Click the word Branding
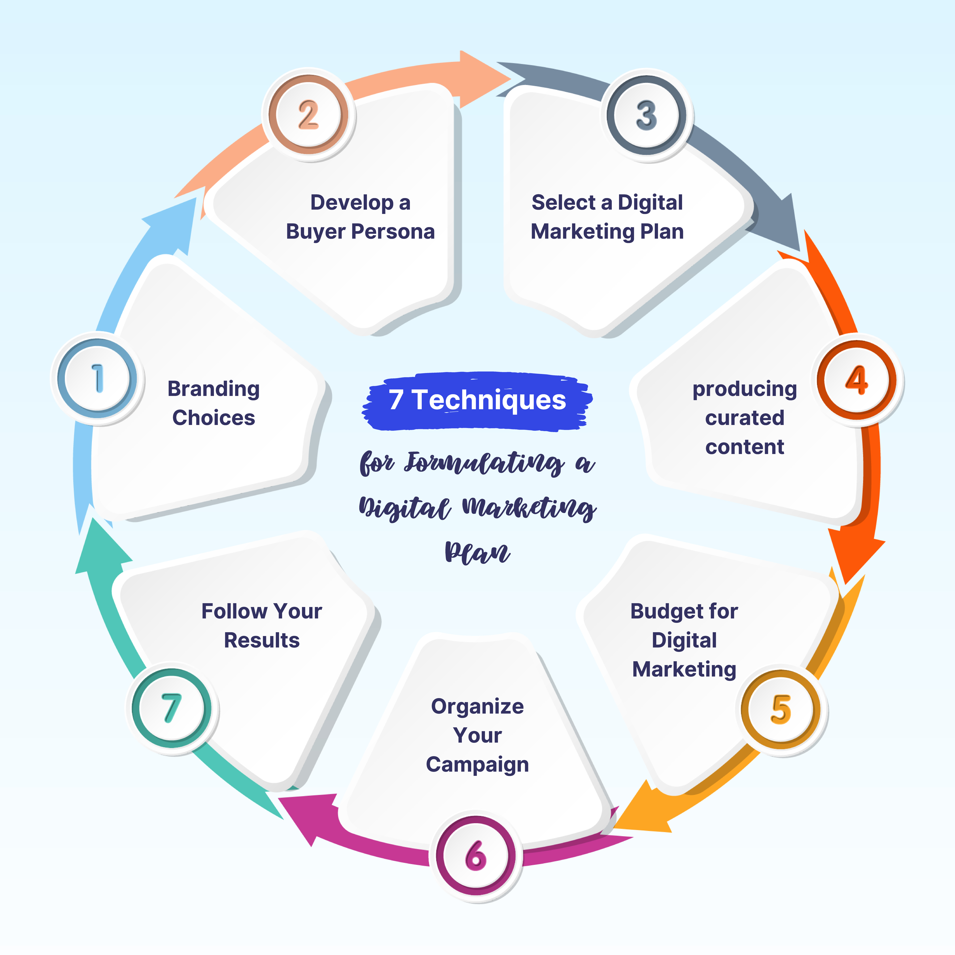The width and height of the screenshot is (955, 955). pyautogui.click(x=214, y=389)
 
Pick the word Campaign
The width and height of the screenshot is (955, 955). pyautogui.click(x=477, y=765)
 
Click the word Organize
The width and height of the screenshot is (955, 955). pyautogui.click(x=477, y=706)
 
